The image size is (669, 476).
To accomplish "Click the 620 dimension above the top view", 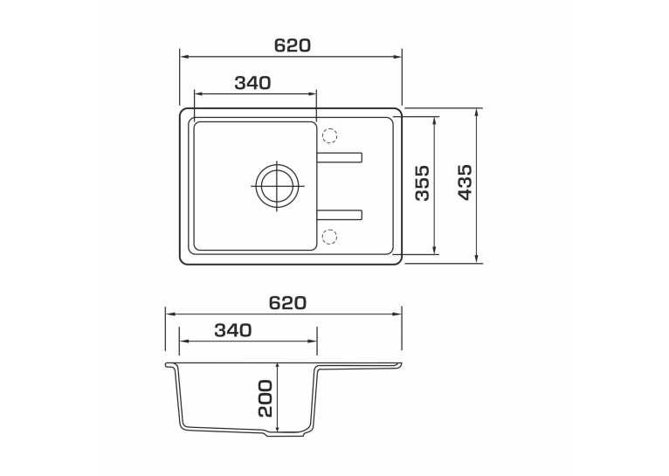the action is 293,45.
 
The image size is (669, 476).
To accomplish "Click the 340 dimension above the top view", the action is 252,83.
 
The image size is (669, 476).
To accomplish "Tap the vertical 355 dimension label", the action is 423,183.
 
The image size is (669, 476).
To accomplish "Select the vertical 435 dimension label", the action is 465,183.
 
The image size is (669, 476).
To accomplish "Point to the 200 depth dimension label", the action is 265,398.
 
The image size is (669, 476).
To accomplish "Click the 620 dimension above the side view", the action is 287,303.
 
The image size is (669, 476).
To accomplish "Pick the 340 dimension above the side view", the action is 233,330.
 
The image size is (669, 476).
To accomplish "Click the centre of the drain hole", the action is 278,186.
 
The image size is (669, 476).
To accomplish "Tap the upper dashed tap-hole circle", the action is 329,135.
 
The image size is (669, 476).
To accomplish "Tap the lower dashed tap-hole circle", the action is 329,237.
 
